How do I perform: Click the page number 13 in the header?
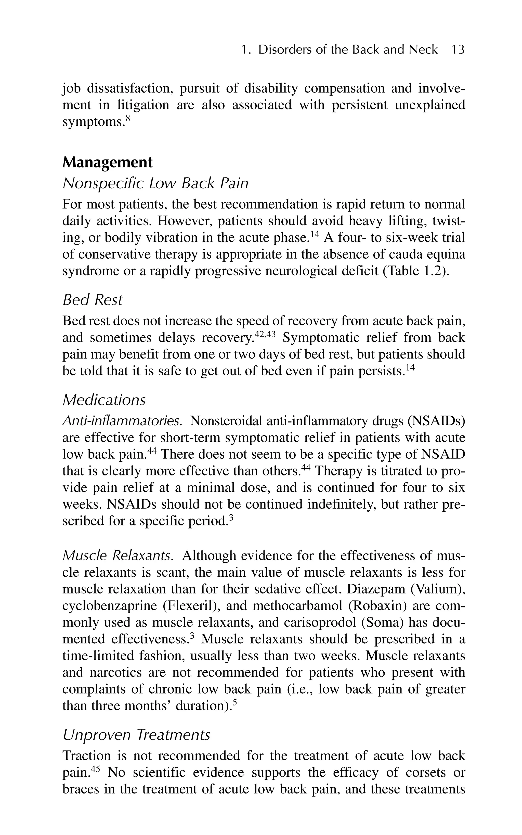pyautogui.click(x=458, y=50)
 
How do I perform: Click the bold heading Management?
pyautogui.click(x=107, y=162)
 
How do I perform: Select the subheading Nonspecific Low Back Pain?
pyautogui.click(x=155, y=183)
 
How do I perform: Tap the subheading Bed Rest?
pyautogui.click(x=93, y=300)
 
